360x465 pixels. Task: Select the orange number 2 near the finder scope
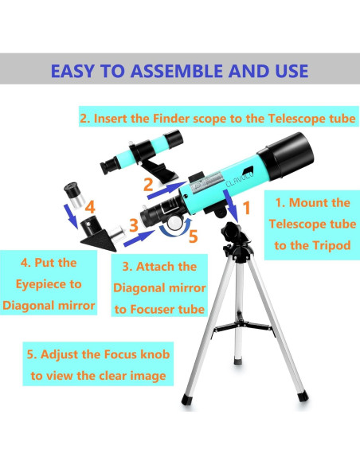[147, 185]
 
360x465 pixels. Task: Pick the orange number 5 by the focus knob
[191, 236]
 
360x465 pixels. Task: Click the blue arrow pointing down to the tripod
[232, 209]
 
